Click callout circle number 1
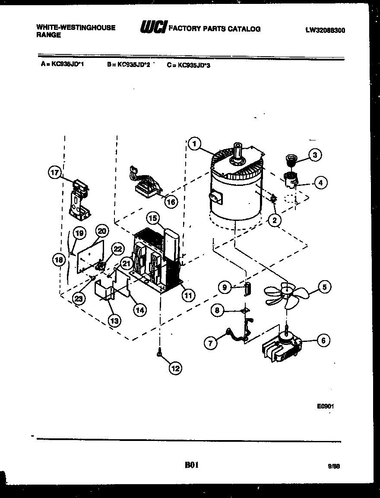point(195,144)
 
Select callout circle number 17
point(54,173)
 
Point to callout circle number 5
point(324,286)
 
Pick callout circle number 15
point(152,218)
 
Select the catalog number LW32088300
point(325,30)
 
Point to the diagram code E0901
point(326,406)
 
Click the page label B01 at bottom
point(191,465)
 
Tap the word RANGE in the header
point(48,35)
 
